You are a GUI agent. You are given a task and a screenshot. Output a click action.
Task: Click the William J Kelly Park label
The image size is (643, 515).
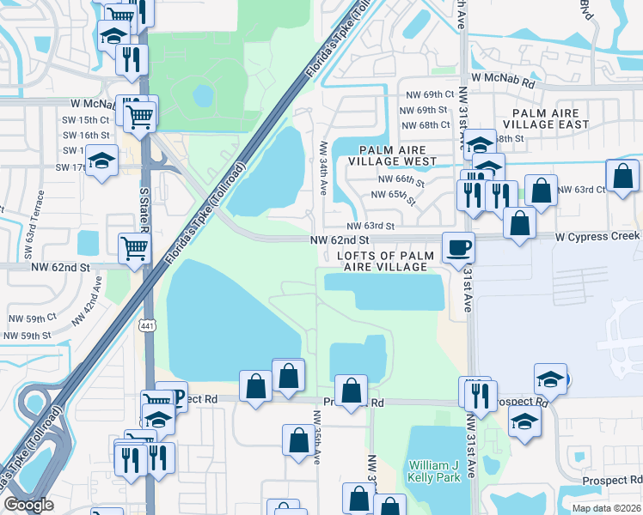click(435, 470)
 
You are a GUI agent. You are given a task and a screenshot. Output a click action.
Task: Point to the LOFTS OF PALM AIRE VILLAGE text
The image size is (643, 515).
click(382, 262)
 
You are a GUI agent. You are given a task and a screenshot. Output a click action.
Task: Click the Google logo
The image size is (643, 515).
click(28, 506)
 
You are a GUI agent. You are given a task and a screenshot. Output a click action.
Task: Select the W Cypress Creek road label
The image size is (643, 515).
click(597, 235)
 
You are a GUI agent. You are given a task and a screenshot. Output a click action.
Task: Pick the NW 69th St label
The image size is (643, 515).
click(427, 110)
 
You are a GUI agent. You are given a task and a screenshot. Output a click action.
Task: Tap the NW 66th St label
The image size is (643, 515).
click(401, 180)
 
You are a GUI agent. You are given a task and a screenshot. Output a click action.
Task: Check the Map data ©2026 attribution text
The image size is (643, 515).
click(607, 508)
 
